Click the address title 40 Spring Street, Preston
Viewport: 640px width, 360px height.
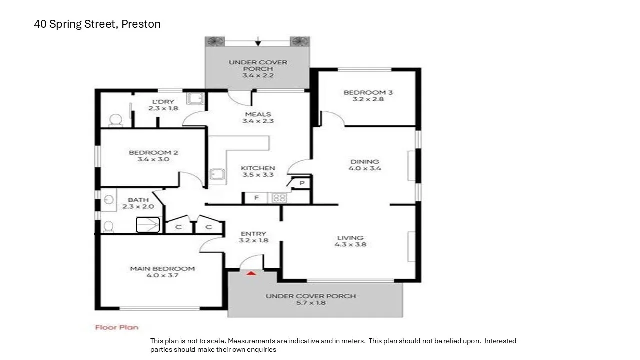[97, 24]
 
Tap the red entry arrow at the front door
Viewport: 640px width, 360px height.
[251, 273]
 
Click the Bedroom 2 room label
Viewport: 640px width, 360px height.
[153, 153]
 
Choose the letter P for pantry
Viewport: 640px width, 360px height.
[302, 184]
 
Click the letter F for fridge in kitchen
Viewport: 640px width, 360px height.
[256, 198]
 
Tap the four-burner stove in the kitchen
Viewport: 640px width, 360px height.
[279, 198]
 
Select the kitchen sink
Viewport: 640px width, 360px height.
[216, 174]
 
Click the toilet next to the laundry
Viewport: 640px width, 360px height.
[115, 120]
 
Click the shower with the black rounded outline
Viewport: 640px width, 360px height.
[148, 225]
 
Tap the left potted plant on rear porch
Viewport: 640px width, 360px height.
[215, 41]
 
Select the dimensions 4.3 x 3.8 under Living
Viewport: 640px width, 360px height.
[350, 244]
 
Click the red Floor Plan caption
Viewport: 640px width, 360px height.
[117, 327]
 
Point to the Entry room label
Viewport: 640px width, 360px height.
[253, 233]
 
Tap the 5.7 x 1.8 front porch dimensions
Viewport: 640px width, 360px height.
[310, 302]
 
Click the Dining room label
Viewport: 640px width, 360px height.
[364, 161]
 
